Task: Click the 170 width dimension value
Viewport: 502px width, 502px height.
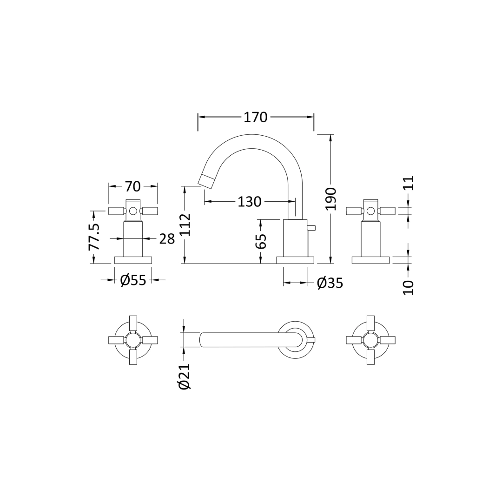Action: point(256,118)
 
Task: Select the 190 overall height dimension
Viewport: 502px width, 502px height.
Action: point(330,199)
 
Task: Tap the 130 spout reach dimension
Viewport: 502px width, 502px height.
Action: point(250,202)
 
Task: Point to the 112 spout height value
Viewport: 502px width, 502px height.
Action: point(185,225)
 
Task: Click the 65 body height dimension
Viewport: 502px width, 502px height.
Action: point(261,241)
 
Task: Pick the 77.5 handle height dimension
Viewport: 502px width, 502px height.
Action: point(94,237)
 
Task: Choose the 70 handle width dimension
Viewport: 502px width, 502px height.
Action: point(133,186)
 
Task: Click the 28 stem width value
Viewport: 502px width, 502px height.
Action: point(167,239)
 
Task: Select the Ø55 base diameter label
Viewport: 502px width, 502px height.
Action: point(133,280)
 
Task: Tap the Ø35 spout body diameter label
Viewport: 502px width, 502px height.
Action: point(330,284)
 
